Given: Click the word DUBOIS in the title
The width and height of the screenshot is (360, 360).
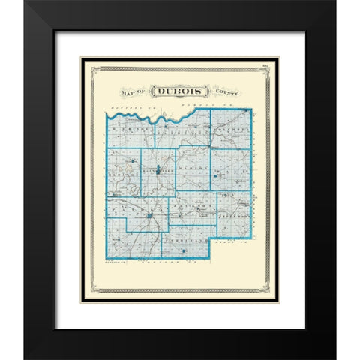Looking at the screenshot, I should (x=178, y=91).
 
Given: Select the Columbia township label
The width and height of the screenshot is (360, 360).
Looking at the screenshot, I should (x=229, y=130).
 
